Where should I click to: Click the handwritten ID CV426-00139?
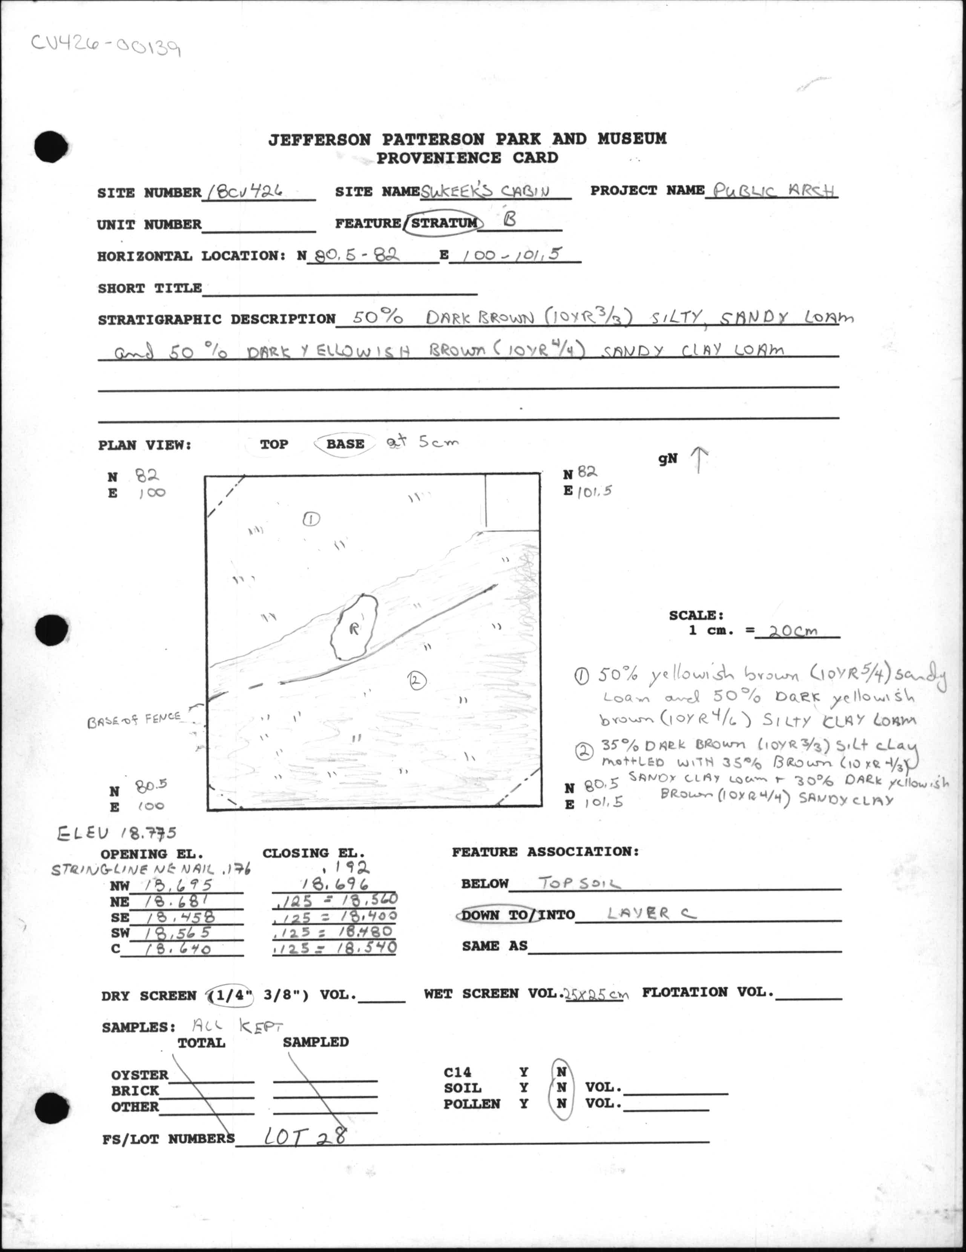pyautogui.click(x=106, y=46)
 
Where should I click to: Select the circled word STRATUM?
pyautogui.click(x=443, y=223)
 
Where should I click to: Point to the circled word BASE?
pyautogui.click(x=345, y=444)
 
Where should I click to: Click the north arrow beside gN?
pyautogui.click(x=699, y=460)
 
